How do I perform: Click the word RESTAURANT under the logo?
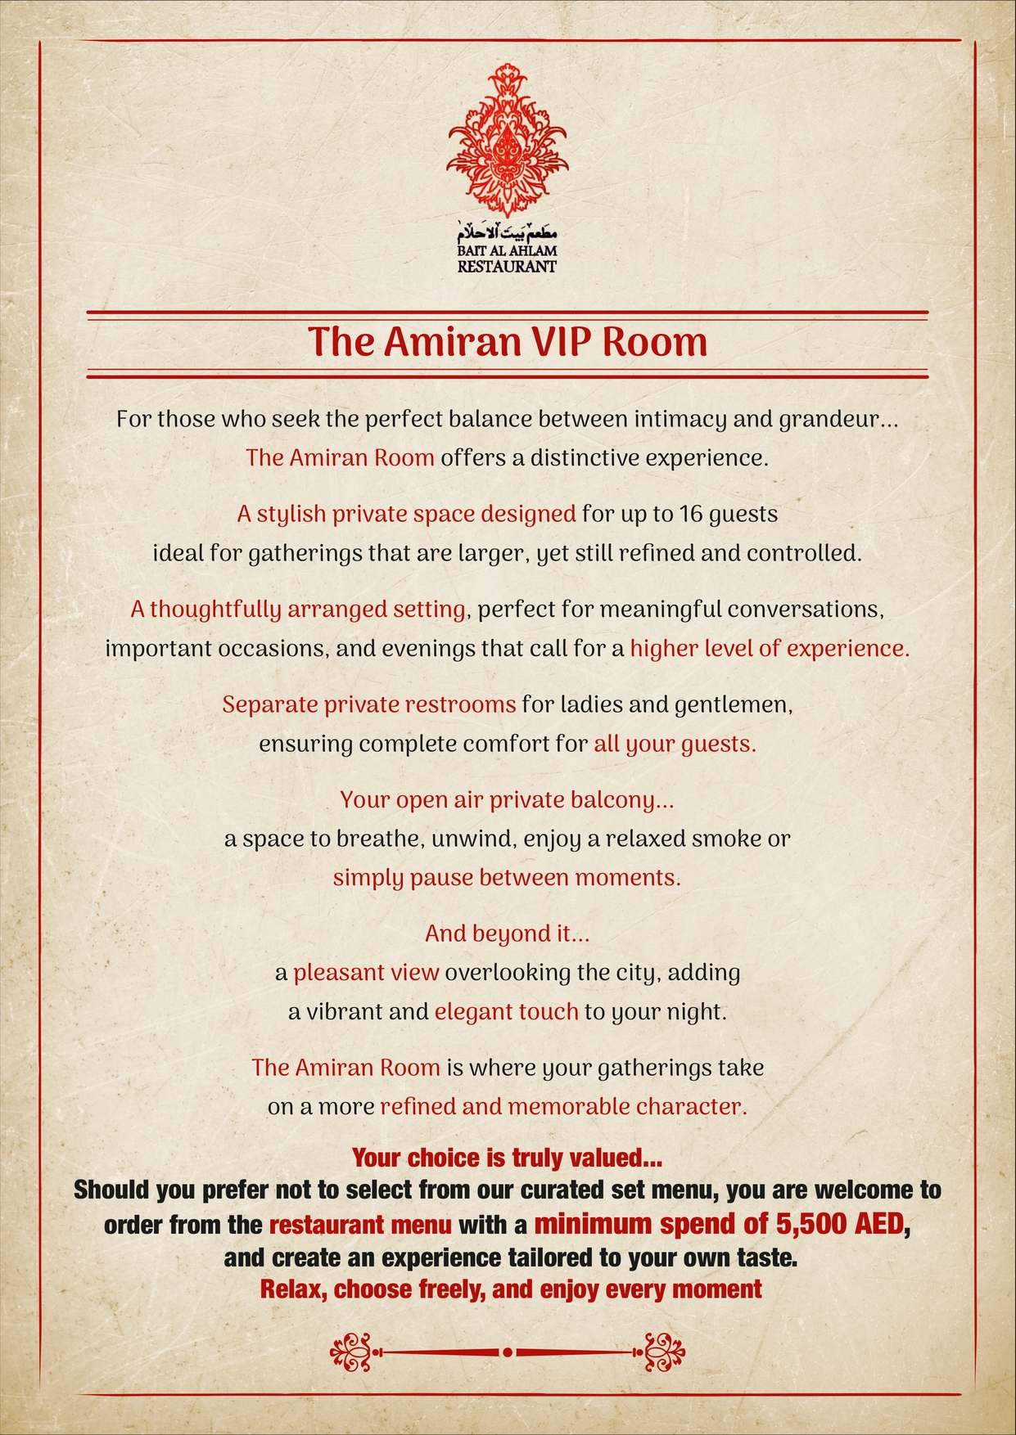(x=508, y=267)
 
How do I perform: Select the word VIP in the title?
(x=563, y=342)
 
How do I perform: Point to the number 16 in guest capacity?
(x=690, y=515)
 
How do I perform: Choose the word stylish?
(x=291, y=515)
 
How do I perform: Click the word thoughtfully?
(x=215, y=610)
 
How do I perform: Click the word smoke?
(x=727, y=839)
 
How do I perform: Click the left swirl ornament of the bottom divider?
(x=352, y=1352)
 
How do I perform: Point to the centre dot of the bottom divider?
(x=508, y=1352)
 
